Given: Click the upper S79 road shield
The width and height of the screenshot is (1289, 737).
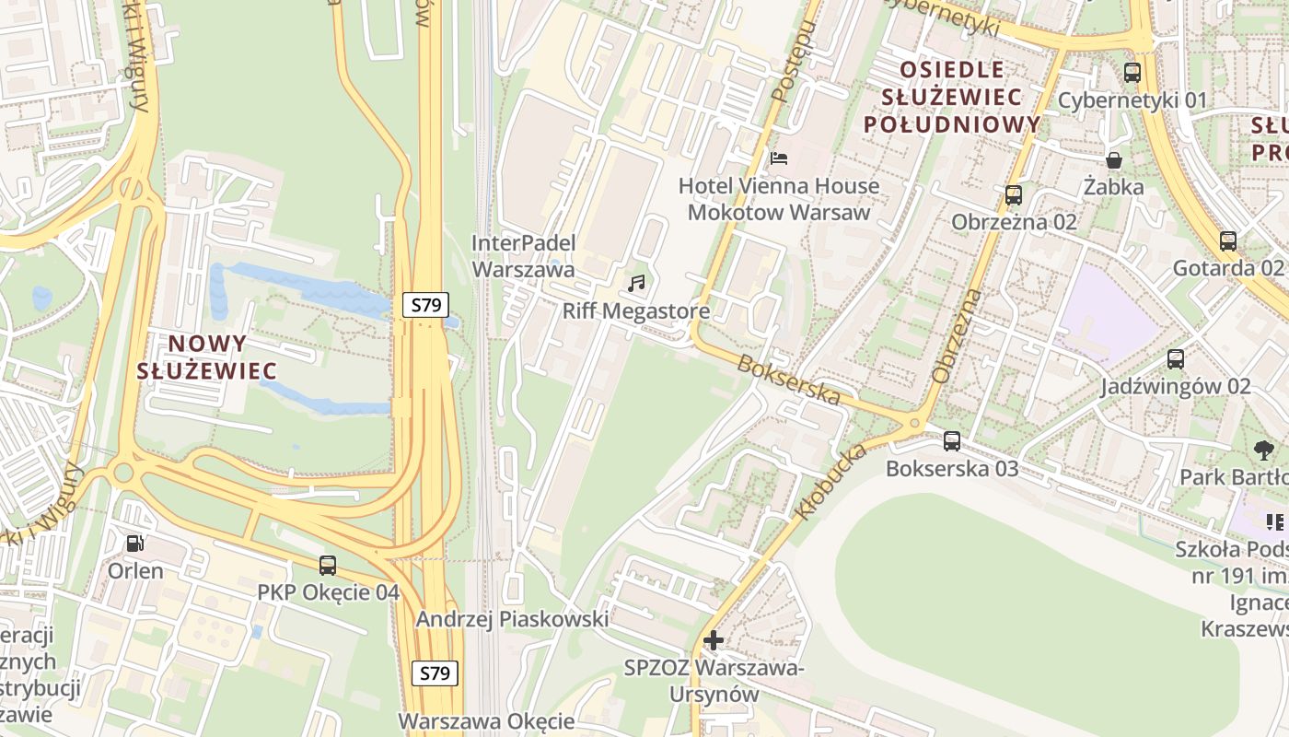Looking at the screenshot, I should coord(425,305).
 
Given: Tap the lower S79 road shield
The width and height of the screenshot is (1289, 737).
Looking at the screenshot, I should coord(435,673).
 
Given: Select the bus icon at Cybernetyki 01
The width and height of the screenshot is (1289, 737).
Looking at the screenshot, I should coord(1132,73).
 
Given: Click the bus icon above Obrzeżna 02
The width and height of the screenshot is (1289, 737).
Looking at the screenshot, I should coord(1014,195).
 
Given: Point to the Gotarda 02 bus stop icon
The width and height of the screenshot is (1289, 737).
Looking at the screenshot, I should coord(1228,241).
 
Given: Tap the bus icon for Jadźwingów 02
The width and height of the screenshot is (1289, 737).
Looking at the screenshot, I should coord(1176,359).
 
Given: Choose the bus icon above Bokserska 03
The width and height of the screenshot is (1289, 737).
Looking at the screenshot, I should coord(952,441).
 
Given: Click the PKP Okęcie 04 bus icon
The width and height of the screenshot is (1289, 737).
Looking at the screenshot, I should coord(328,566).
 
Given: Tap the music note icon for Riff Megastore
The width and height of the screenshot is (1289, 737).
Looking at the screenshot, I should coord(636,284).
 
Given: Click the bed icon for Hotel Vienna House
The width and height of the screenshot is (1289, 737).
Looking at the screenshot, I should coord(779,158).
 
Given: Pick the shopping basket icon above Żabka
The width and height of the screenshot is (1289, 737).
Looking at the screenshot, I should coord(1114,160).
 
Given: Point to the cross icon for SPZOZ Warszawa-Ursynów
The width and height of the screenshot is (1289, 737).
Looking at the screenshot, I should coord(713,639).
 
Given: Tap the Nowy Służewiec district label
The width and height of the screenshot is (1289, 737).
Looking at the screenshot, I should coord(206,357).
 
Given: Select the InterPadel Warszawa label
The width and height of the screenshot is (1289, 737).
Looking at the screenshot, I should coord(523,256).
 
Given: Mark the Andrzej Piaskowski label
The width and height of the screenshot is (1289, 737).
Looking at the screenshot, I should coord(512,619).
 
